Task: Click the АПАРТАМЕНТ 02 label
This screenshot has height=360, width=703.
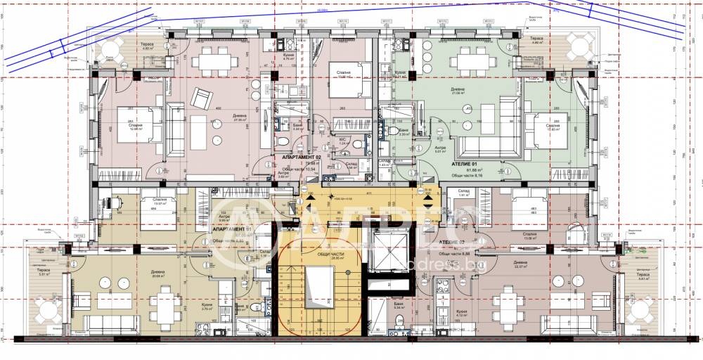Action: pyautogui.click(x=302, y=157)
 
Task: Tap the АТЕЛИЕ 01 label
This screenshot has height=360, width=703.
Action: pyautogui.click(x=457, y=162)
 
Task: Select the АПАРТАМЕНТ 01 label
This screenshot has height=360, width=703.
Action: pyautogui.click(x=232, y=229)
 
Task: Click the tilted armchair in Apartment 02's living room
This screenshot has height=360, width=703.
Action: pyautogui.click(x=203, y=97)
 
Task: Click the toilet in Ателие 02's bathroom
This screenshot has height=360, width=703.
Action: pyautogui.click(x=401, y=323)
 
